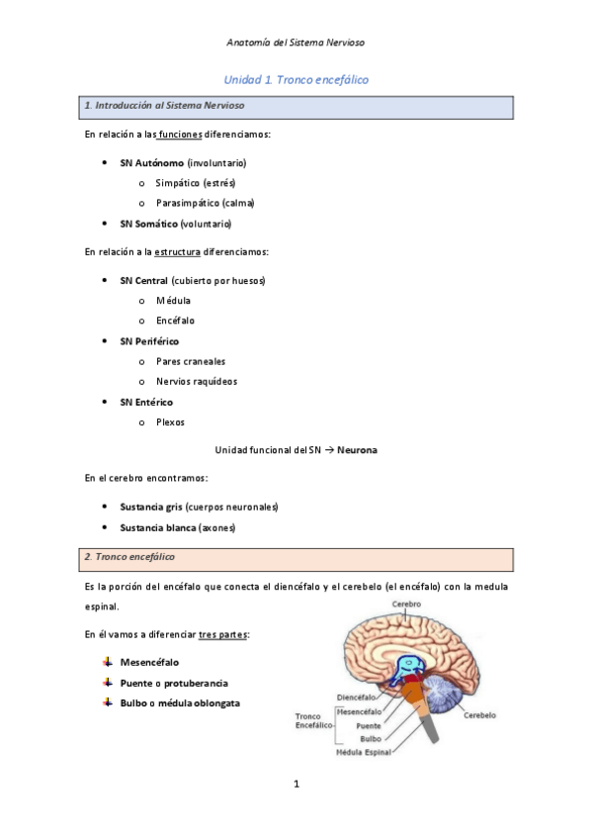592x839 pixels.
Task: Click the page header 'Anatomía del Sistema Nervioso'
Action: [x=296, y=44]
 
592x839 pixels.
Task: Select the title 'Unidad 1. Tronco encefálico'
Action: [x=296, y=78]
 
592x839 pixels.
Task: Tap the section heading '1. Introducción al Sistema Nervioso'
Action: [x=166, y=105]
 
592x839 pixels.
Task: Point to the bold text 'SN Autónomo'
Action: [x=151, y=162]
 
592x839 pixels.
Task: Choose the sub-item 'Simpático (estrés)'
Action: [x=196, y=182]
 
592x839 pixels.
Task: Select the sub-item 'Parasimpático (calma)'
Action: [x=205, y=203]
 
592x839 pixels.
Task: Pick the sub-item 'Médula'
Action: [x=173, y=300]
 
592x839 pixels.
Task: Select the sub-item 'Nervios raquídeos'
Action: [x=196, y=381]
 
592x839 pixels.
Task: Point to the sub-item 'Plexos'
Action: [x=170, y=422]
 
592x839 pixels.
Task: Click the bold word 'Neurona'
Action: [x=357, y=450]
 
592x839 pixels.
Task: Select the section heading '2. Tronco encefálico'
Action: [x=130, y=557]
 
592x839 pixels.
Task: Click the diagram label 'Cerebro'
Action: [x=406, y=605]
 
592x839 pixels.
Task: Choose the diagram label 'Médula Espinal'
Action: [x=363, y=752]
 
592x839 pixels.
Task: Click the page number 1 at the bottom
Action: [x=296, y=786]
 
